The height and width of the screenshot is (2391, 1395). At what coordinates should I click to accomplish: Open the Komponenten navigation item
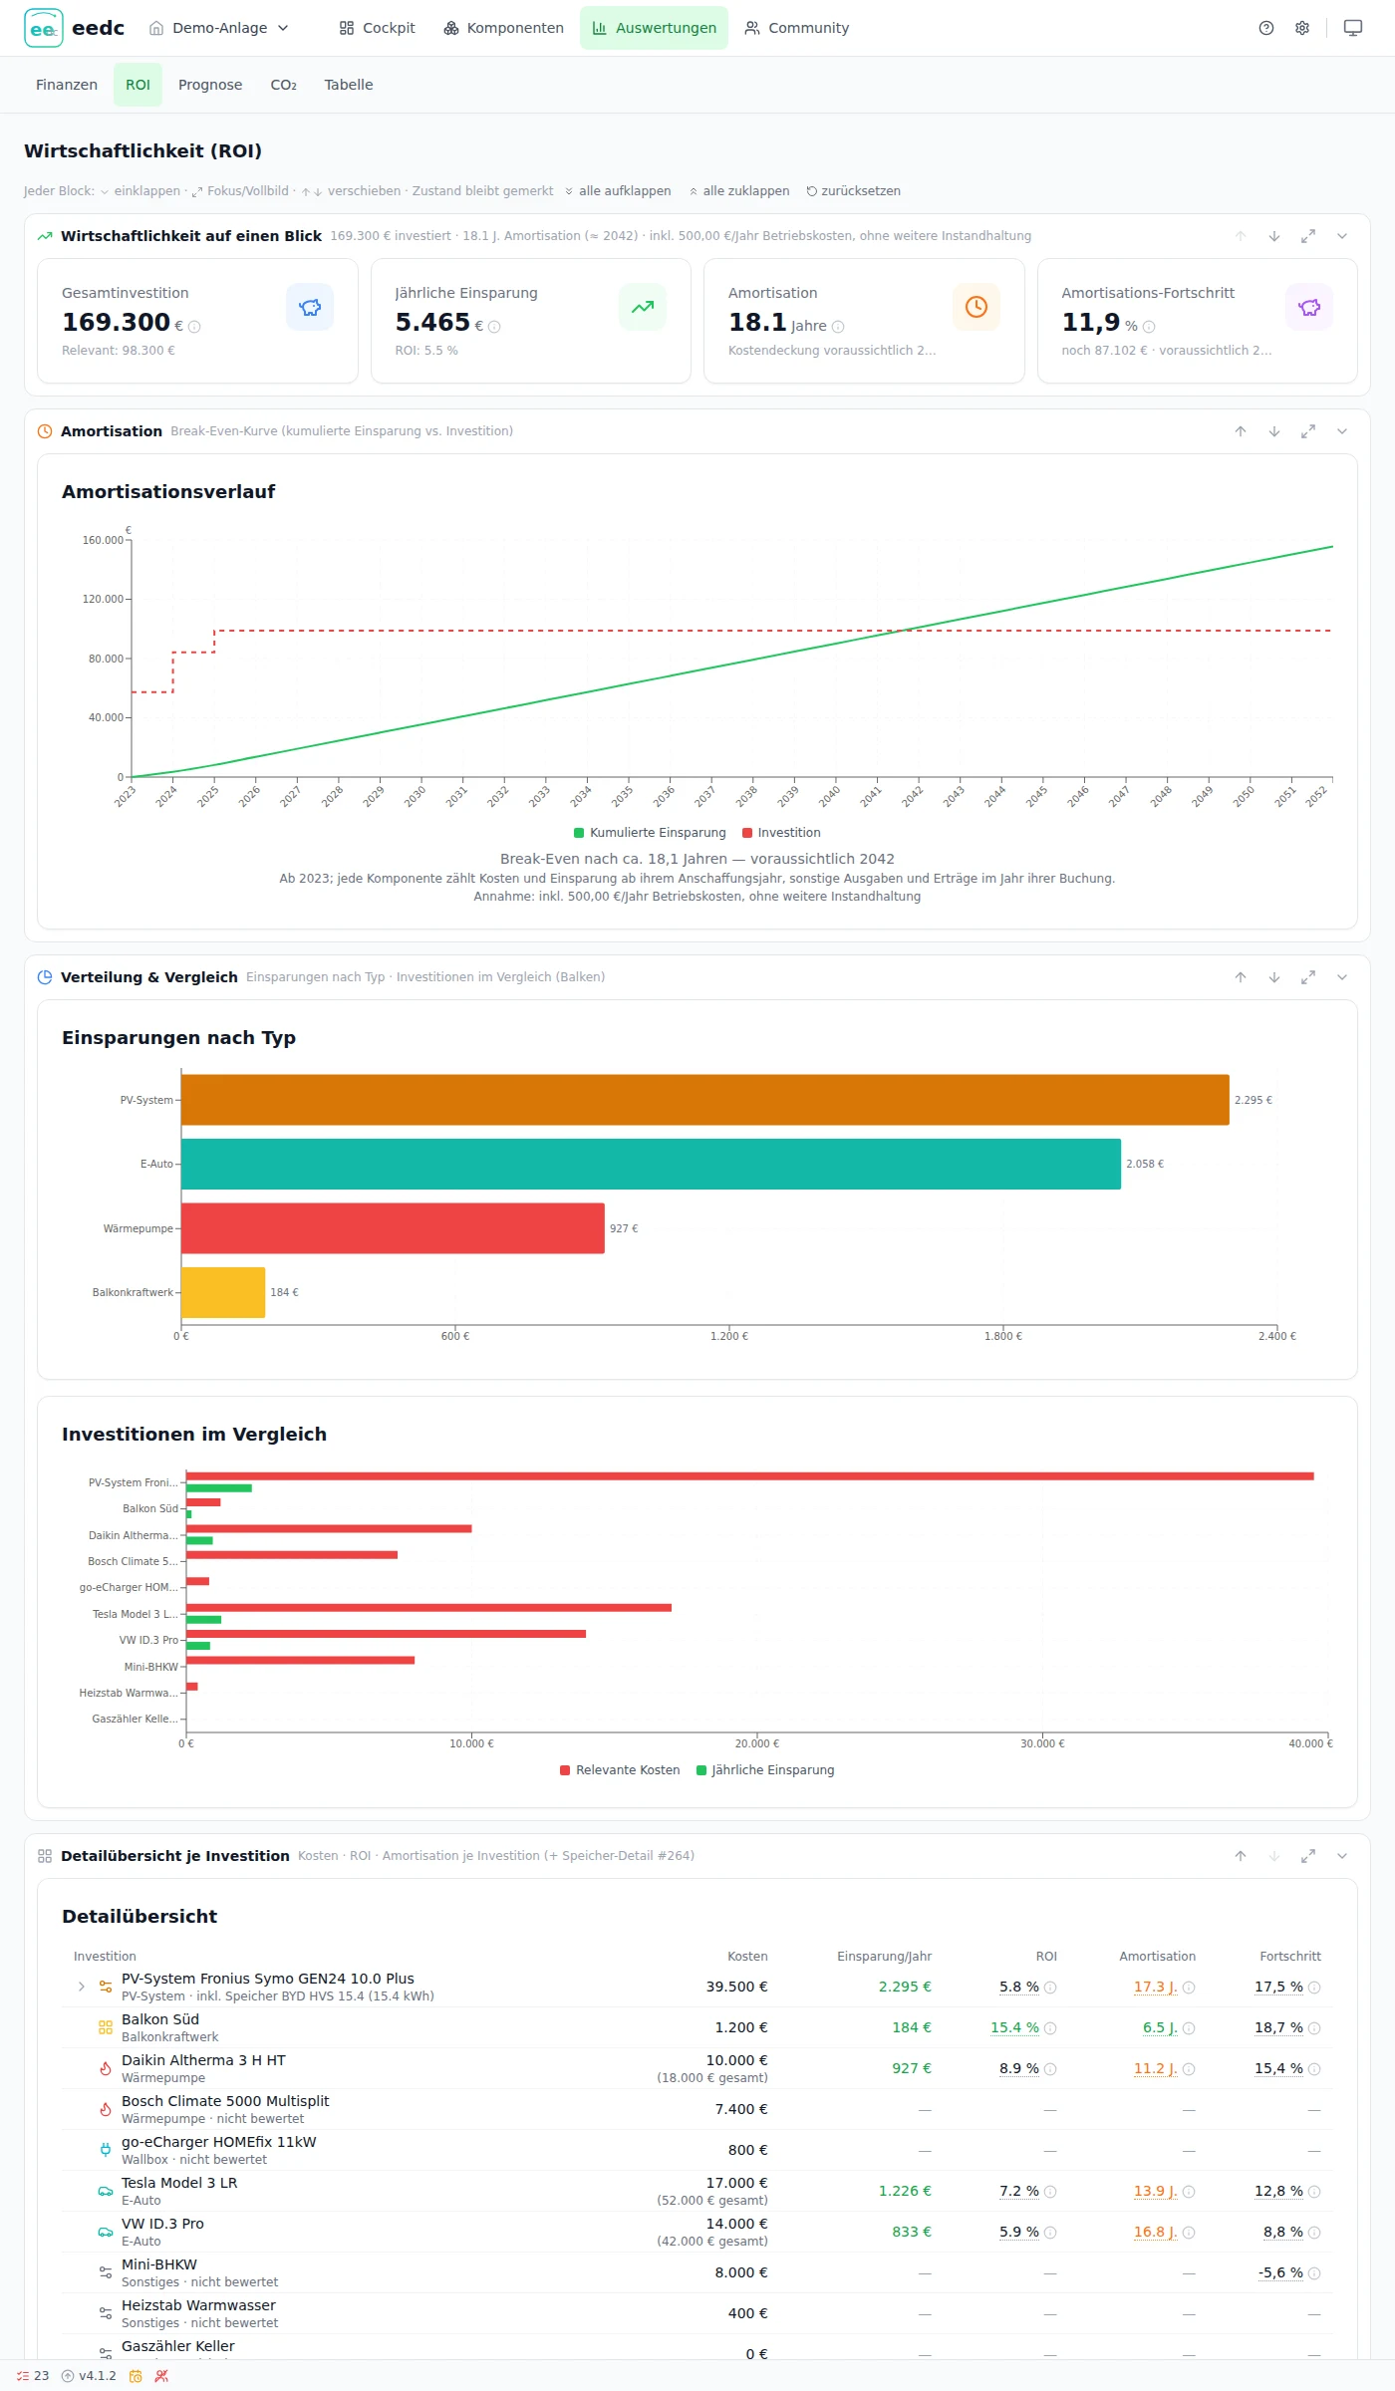tap(503, 28)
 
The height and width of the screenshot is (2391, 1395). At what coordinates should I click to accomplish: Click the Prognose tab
tap(210, 85)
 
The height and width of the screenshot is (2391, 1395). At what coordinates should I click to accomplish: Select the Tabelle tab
tap(349, 85)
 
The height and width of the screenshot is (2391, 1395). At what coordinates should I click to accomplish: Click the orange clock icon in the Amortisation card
tap(976, 307)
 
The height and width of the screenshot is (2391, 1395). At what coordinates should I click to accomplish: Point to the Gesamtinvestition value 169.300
tap(116, 322)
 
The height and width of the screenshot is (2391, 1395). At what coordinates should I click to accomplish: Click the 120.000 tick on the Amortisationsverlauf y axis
tap(103, 599)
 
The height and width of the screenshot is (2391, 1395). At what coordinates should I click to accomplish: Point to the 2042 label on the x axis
tap(913, 796)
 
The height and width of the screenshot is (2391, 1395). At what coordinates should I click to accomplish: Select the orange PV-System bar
tap(704, 1100)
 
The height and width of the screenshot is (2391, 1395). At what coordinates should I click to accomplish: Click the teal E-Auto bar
tap(651, 1164)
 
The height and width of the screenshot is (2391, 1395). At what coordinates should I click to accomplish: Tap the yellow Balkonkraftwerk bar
tap(223, 1292)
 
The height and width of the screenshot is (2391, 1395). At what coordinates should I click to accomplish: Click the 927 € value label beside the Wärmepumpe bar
tap(624, 1228)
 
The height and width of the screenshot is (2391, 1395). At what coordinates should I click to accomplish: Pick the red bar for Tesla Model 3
tap(428, 1607)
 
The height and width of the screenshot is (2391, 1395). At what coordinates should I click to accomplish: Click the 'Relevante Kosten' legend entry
tap(620, 1770)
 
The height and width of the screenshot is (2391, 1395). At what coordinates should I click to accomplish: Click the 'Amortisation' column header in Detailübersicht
tap(1157, 1957)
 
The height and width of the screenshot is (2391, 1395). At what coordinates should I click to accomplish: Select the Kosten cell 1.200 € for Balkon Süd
tap(741, 2028)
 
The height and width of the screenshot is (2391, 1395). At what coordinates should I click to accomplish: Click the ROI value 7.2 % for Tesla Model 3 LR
tap(1019, 2192)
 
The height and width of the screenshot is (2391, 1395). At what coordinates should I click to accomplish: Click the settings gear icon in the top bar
tap(1302, 28)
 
